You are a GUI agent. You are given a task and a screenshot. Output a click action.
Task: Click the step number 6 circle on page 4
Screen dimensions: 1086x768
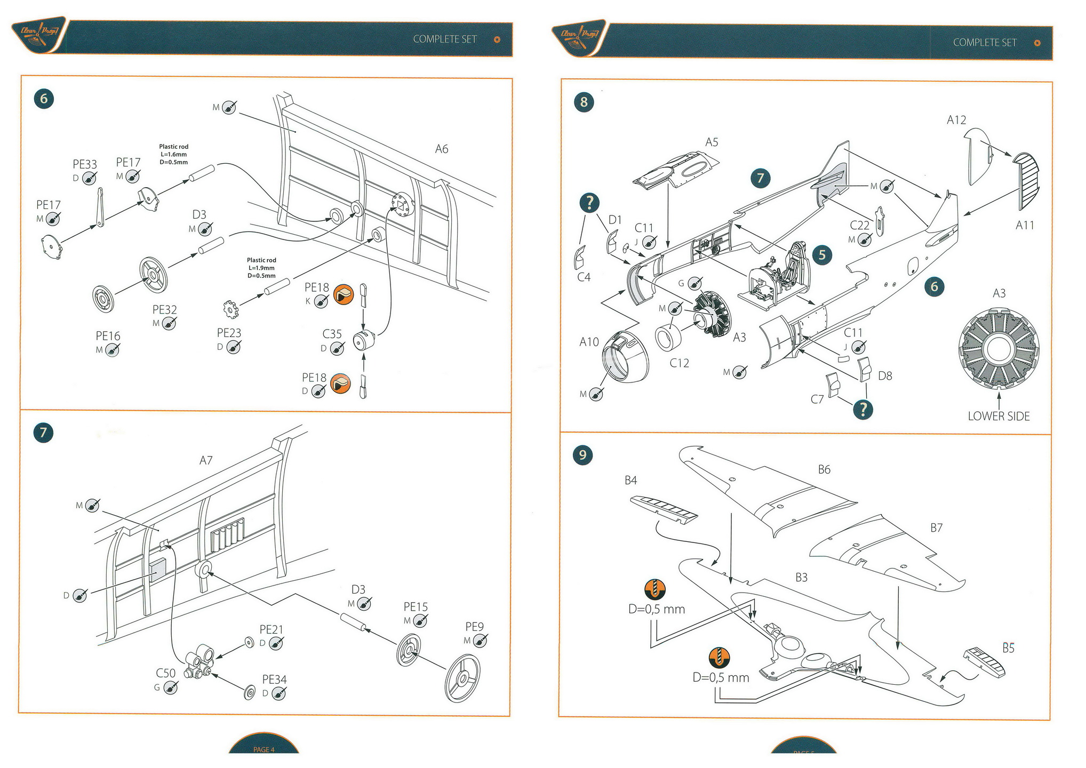pyautogui.click(x=44, y=99)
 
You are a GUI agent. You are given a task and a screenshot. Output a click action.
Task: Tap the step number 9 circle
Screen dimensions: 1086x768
pyautogui.click(x=582, y=455)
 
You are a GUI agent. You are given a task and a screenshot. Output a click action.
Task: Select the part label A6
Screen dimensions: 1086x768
pyautogui.click(x=442, y=149)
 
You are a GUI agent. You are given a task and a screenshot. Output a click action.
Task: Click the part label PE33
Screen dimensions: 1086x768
pyautogui.click(x=85, y=164)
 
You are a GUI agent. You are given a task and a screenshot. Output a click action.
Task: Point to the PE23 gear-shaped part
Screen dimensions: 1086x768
pyautogui.click(x=230, y=308)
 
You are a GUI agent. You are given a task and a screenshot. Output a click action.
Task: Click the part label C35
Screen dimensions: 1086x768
pyautogui.click(x=332, y=334)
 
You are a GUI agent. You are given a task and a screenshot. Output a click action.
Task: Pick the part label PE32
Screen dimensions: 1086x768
pyautogui.click(x=164, y=310)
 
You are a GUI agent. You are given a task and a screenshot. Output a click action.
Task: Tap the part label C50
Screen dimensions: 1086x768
pyautogui.click(x=165, y=673)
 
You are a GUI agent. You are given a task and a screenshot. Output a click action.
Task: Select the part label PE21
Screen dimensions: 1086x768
pyautogui.click(x=271, y=630)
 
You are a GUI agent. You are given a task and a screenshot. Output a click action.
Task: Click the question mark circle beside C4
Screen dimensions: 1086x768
pyautogui.click(x=589, y=203)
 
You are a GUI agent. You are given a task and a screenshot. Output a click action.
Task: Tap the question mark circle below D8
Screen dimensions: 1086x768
pyautogui.click(x=863, y=409)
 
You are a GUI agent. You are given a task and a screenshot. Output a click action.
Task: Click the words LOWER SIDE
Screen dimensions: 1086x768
pyautogui.click(x=999, y=417)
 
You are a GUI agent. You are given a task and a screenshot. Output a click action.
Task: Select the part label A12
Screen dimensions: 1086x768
pyautogui.click(x=956, y=120)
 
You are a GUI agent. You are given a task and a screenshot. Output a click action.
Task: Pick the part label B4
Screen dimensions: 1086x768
pyautogui.click(x=630, y=481)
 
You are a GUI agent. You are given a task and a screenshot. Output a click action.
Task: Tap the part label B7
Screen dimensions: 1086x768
pyautogui.click(x=936, y=528)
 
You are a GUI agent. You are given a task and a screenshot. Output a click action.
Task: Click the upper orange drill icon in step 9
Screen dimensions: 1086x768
pyautogui.click(x=655, y=589)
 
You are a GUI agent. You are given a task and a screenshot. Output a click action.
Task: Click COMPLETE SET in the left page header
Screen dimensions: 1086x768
pyautogui.click(x=445, y=39)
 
